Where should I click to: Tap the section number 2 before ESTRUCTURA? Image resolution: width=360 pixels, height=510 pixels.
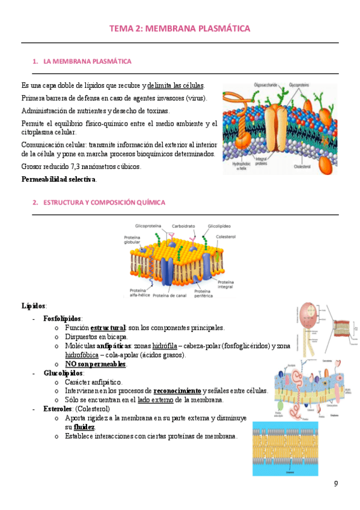(x=35, y=203)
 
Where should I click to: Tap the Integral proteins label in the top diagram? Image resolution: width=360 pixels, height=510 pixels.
(x=262, y=161)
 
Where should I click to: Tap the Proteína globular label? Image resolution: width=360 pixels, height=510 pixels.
(x=132, y=239)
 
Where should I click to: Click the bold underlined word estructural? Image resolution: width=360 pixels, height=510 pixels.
(x=108, y=328)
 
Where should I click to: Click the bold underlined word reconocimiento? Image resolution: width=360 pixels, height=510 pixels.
(x=177, y=391)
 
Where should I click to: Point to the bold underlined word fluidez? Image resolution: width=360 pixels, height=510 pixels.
(x=84, y=427)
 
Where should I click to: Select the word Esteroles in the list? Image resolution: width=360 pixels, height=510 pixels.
(x=58, y=409)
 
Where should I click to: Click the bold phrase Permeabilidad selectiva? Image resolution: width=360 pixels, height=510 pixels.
(x=59, y=179)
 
